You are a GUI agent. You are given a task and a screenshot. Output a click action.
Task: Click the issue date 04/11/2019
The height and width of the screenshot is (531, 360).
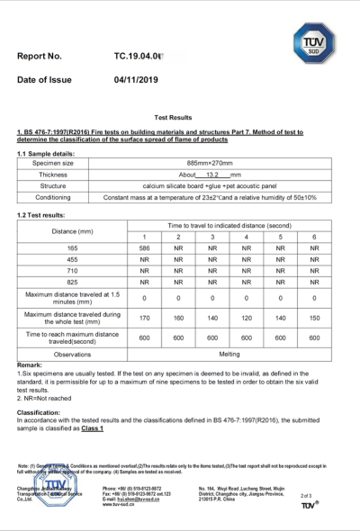[136, 80]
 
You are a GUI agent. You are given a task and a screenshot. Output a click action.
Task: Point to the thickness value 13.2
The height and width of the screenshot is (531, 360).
[212, 174]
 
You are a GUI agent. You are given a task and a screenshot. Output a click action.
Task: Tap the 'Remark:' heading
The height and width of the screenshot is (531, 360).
[31, 364]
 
